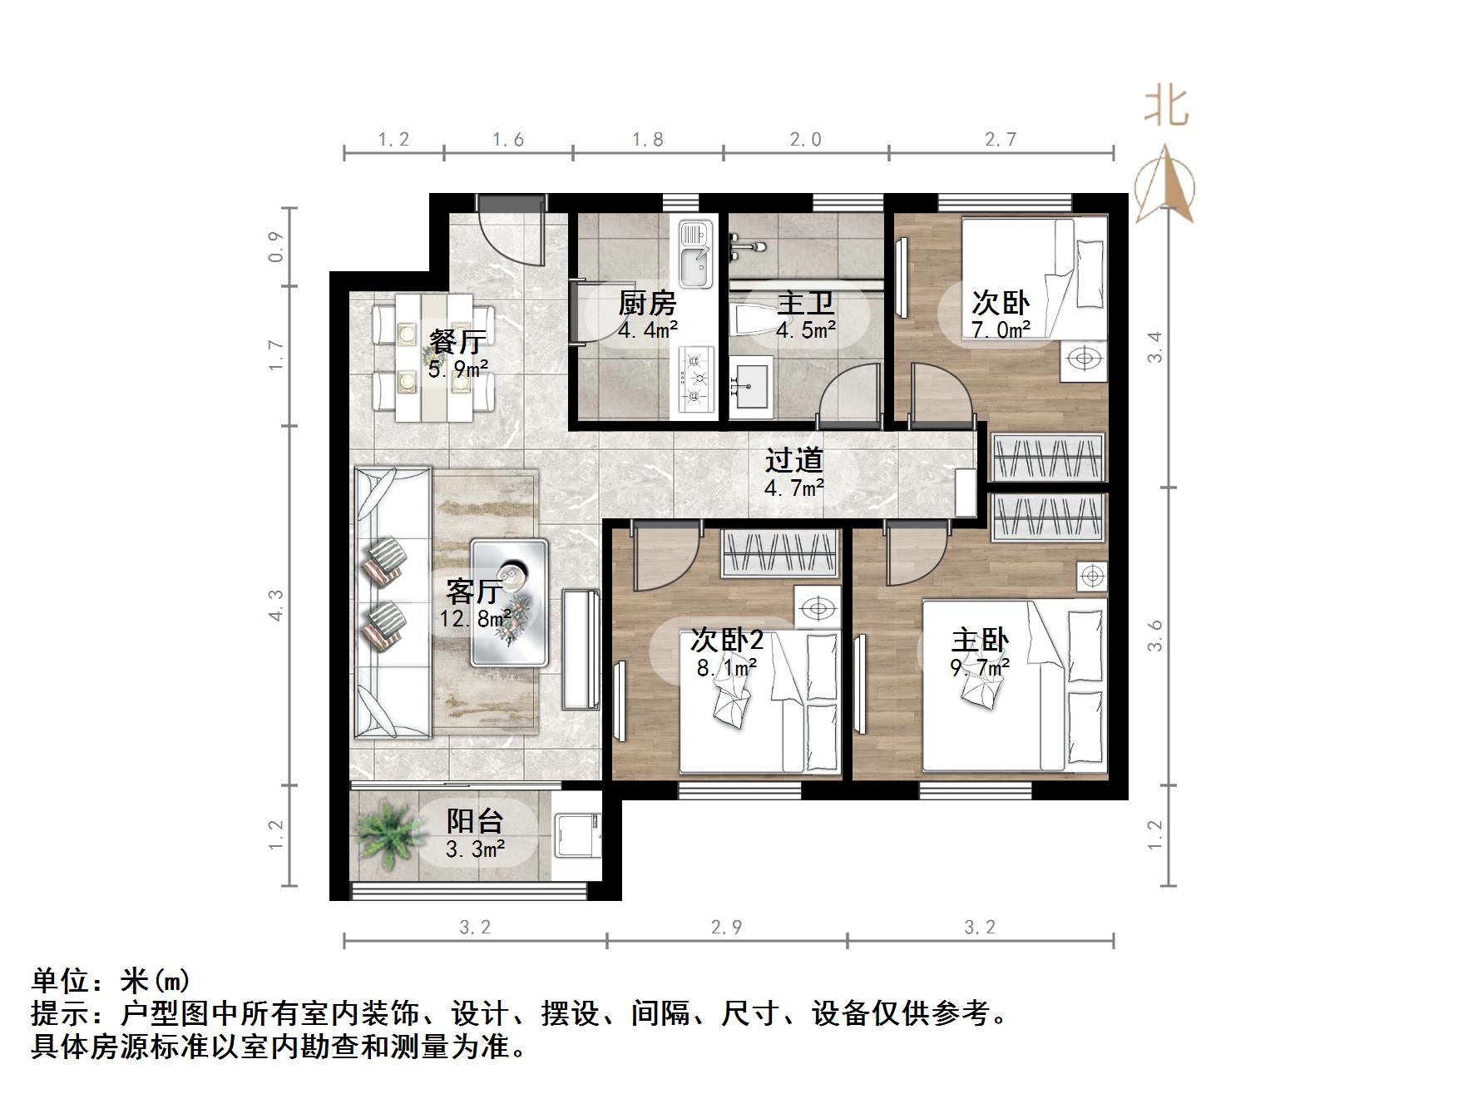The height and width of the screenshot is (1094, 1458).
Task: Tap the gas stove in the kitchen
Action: click(696, 380)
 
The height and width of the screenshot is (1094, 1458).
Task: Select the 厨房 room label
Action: click(646, 304)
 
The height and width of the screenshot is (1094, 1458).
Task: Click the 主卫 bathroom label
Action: click(805, 304)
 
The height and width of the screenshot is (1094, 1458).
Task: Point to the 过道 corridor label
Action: click(794, 460)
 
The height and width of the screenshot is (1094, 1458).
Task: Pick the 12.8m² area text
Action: click(476, 619)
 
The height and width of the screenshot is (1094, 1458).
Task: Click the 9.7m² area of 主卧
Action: click(980, 666)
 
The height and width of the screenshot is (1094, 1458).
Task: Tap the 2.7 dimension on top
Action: click(1001, 140)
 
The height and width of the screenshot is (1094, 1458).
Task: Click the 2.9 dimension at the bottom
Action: click(726, 927)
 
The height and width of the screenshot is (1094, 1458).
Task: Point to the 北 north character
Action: click(1166, 106)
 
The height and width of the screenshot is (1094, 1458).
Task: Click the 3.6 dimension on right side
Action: click(1154, 636)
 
